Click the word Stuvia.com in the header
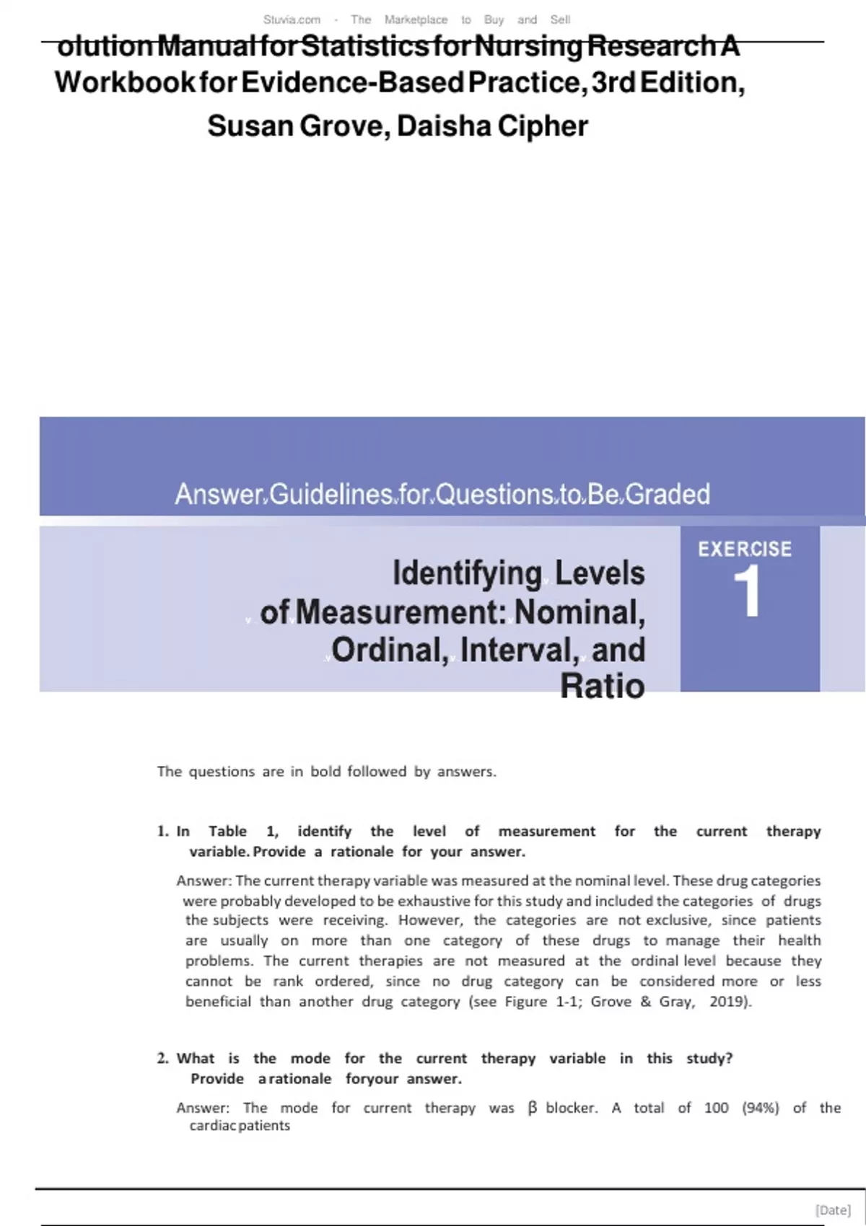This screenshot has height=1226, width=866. (292, 19)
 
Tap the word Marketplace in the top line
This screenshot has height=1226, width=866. (416, 19)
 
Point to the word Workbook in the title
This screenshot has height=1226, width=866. (124, 82)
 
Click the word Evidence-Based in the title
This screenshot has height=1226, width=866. (351, 82)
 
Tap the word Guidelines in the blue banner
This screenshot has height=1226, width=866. (332, 494)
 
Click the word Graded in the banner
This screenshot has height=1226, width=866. (668, 494)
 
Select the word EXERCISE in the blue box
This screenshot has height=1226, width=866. (745, 549)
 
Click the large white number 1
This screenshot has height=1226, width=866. (748, 591)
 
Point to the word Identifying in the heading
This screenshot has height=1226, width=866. (467, 573)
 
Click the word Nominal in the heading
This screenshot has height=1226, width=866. (579, 612)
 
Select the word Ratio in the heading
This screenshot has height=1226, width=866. (603, 686)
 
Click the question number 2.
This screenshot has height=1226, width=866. (162, 1058)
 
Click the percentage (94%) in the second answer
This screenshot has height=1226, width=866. (761, 1108)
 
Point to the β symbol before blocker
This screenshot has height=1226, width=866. (533, 1108)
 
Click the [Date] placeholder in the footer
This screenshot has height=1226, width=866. (833, 1210)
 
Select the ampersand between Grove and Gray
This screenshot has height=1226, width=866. (645, 1001)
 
